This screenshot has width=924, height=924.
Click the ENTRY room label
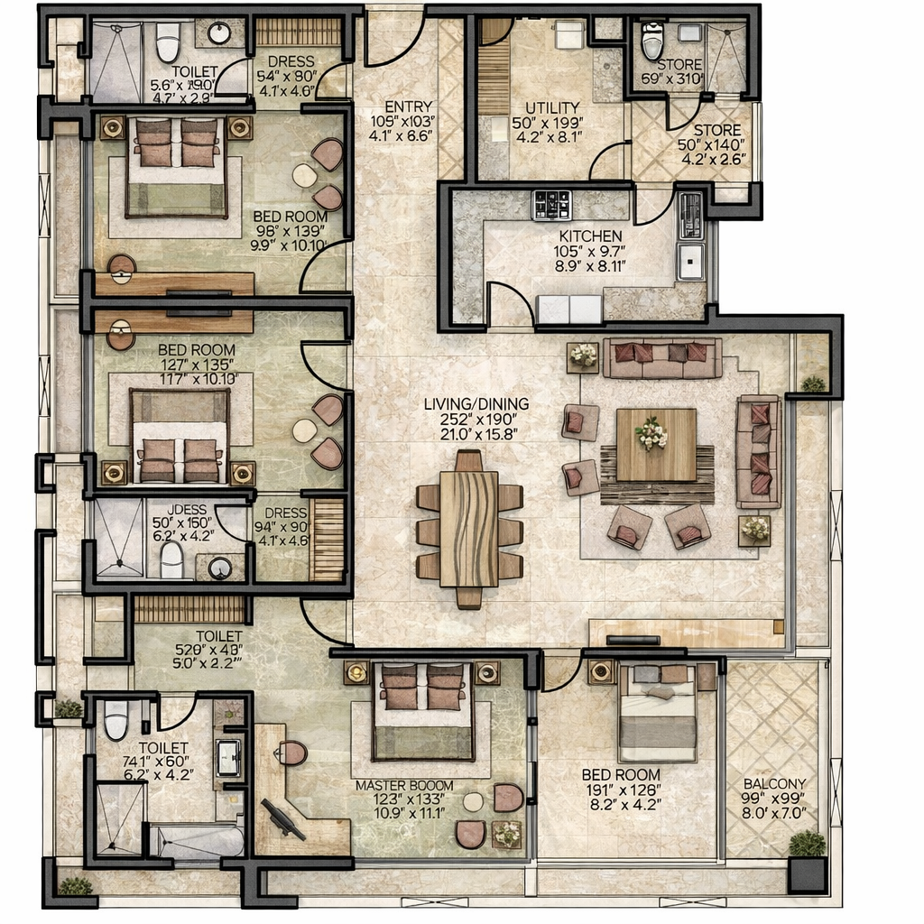[408, 106]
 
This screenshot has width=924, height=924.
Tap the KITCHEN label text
[589, 236]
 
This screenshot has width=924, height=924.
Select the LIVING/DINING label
[476, 404]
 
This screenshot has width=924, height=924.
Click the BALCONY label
[775, 784]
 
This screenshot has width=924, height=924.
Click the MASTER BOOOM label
[403, 785]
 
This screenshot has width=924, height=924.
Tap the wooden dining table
[469, 528]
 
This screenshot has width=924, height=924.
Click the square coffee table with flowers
[656, 444]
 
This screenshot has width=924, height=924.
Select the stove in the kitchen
[551, 205]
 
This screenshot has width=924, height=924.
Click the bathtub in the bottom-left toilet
[200, 843]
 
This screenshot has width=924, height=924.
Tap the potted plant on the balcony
[807, 844]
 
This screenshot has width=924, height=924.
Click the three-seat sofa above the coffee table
[662, 358]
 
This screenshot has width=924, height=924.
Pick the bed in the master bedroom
[423, 711]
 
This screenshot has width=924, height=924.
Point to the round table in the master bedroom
[473, 802]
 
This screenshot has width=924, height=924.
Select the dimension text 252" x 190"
[476, 420]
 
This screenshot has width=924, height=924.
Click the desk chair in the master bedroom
[291, 753]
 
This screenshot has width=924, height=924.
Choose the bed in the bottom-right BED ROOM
[657, 713]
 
